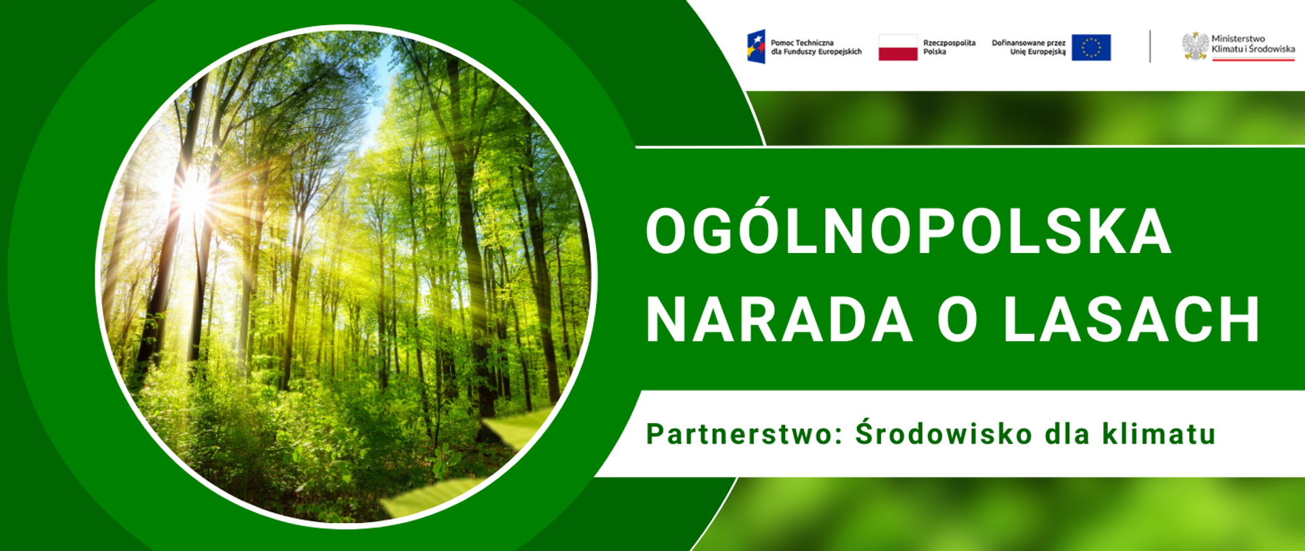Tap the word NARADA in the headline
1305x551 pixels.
coord(779,320)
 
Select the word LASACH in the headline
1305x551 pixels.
coord(1132,320)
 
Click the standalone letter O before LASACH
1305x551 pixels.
coord(958,320)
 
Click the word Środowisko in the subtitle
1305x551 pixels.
coord(943,434)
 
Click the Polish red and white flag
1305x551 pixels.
coord(898,48)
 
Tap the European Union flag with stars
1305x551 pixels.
coord(1091,48)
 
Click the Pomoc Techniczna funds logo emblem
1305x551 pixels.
coord(756,46)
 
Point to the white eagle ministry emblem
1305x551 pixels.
coord(1195,46)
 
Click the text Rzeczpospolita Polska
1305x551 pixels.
coord(949,47)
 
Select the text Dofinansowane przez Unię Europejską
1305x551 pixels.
coord(1028,47)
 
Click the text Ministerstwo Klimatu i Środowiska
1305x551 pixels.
coord(1253,44)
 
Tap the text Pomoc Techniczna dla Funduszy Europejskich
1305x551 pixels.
coord(816,47)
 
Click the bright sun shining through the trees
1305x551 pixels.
coord(192,195)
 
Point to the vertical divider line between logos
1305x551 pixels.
coord(1150,46)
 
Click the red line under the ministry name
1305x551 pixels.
coord(1253,60)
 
